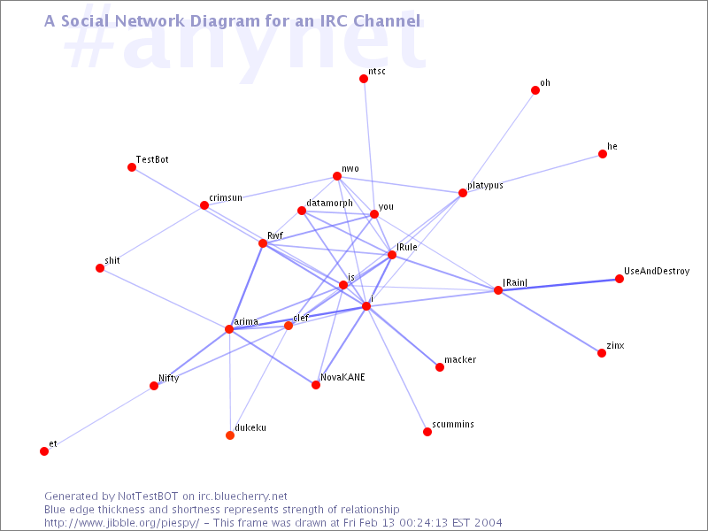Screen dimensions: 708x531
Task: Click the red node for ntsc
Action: (364, 79)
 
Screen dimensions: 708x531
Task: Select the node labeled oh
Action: (535, 90)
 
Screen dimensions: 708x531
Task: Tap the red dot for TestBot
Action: (132, 167)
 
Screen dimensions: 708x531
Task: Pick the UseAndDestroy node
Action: (619, 279)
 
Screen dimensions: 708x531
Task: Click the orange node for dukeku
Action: (230, 435)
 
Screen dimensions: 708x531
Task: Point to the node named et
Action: (44, 451)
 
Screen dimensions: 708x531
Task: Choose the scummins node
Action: (427, 432)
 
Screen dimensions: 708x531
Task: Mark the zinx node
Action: (602, 353)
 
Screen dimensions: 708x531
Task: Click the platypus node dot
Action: (463, 193)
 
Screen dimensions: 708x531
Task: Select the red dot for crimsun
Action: (204, 205)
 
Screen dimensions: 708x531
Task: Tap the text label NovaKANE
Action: (342, 377)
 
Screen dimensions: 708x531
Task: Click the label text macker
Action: (460, 359)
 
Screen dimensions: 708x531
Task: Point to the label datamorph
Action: (329, 204)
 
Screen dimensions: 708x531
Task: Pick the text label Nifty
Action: (168, 379)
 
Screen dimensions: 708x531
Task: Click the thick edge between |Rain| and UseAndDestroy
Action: (558, 284)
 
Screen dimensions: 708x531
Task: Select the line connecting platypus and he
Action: (533, 173)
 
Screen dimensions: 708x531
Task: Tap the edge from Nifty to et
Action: (99, 419)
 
